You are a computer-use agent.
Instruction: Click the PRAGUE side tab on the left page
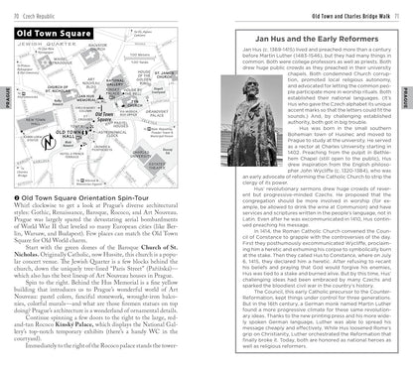coord(7,97)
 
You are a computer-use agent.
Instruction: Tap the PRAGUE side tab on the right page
coord(406,97)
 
